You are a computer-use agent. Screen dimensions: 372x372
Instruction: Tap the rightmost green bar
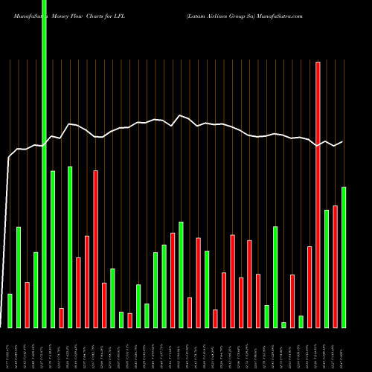click(344, 257)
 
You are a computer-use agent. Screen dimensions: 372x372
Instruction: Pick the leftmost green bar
click(10, 311)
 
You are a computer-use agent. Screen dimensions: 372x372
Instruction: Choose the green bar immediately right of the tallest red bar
click(327, 269)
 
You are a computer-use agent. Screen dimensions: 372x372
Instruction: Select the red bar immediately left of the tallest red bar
click(310, 287)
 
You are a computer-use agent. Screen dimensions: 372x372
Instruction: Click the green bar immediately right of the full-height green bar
click(53, 249)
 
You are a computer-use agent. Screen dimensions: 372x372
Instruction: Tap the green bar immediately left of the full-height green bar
click(36, 290)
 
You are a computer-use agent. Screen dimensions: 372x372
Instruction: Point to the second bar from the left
click(19, 278)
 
